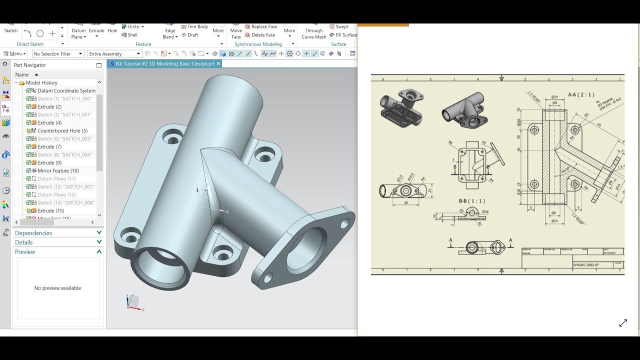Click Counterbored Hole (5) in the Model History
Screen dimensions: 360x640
(62, 130)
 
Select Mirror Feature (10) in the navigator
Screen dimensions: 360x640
(58, 170)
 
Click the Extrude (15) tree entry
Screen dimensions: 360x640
(50, 210)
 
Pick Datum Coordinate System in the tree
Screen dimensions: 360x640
(66, 90)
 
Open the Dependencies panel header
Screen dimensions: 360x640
(33, 233)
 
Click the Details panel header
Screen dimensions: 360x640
(24, 242)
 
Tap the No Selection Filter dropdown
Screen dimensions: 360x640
(57, 53)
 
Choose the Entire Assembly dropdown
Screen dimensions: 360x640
(114, 53)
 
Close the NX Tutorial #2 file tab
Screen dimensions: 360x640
(218, 63)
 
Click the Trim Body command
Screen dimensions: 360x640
(197, 26)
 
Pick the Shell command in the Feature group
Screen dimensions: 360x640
(132, 35)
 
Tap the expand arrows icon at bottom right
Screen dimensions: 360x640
(623, 323)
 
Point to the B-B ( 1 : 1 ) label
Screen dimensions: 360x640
(472, 201)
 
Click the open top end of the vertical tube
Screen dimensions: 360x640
(235, 90)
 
